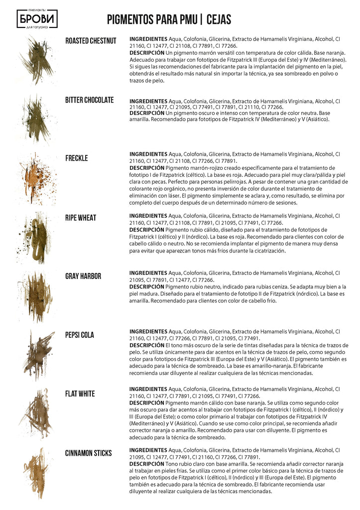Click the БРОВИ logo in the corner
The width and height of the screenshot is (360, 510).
(37, 19)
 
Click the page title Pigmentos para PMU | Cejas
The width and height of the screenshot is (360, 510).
(169, 19)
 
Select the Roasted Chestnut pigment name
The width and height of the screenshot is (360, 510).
(91, 41)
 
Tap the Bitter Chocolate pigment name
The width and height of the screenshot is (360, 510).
(90, 100)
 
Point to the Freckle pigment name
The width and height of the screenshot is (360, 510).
(76, 158)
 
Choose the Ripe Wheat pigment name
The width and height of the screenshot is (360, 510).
(81, 218)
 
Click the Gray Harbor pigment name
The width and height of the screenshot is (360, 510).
(83, 276)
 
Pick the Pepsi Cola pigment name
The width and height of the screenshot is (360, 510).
(80, 335)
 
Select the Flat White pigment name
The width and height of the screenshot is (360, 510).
(80, 394)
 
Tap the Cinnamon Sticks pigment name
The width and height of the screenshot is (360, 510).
(89, 453)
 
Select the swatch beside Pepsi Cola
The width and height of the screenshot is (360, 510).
(37, 354)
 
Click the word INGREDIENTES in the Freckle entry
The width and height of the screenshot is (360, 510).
(148, 154)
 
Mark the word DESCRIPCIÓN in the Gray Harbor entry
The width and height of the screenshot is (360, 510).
(146, 287)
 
